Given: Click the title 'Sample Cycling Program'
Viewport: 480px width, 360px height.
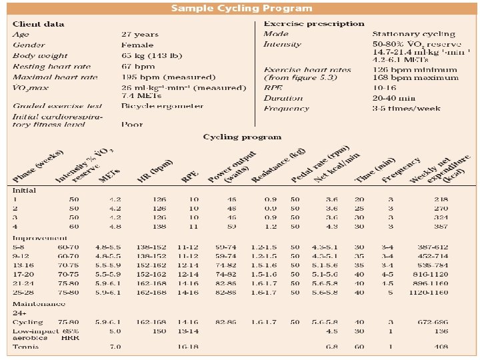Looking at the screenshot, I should [x=241, y=9].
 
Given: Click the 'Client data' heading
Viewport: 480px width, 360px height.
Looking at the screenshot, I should [x=39, y=24].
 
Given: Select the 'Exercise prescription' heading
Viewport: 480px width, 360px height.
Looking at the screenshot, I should [x=314, y=24].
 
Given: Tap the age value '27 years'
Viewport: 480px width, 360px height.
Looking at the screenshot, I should [x=141, y=34].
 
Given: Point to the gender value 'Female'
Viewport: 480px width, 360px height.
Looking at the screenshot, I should [x=137, y=45].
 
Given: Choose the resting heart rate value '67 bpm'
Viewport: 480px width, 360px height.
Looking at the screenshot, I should [x=138, y=66].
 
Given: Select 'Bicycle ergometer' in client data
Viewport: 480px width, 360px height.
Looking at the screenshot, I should [x=162, y=105].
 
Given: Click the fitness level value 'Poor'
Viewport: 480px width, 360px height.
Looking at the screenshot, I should [x=132, y=124].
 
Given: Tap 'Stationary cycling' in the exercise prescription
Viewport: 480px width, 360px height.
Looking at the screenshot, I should [x=413, y=34].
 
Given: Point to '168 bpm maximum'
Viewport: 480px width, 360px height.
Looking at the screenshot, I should [x=415, y=77].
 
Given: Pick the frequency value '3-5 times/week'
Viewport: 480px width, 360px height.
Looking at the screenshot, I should [x=406, y=108].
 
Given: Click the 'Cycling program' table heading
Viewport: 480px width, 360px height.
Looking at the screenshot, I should [x=242, y=137].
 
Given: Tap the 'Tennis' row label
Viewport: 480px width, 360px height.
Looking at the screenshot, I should [x=26, y=346].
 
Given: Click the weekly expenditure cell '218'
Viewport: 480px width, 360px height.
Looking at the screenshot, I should [x=441, y=199].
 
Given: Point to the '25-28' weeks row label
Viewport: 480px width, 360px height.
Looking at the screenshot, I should [x=25, y=292].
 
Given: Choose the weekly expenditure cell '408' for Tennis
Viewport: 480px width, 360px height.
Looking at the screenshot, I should [x=441, y=346].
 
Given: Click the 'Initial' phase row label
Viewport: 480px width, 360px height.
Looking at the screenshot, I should [x=24, y=191].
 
